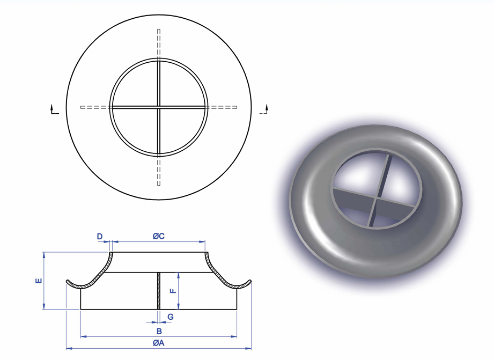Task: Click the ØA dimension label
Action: [158, 343]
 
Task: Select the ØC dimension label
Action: [158, 236]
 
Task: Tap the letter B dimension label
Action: [159, 331]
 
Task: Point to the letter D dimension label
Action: [99, 236]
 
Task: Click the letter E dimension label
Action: [38, 281]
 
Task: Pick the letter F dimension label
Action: [172, 291]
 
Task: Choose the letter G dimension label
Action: [171, 317]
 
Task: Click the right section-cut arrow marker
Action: [264, 110]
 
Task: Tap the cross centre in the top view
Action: [159, 107]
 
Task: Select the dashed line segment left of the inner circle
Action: [95, 107]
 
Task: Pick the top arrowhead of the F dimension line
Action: [178, 274]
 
